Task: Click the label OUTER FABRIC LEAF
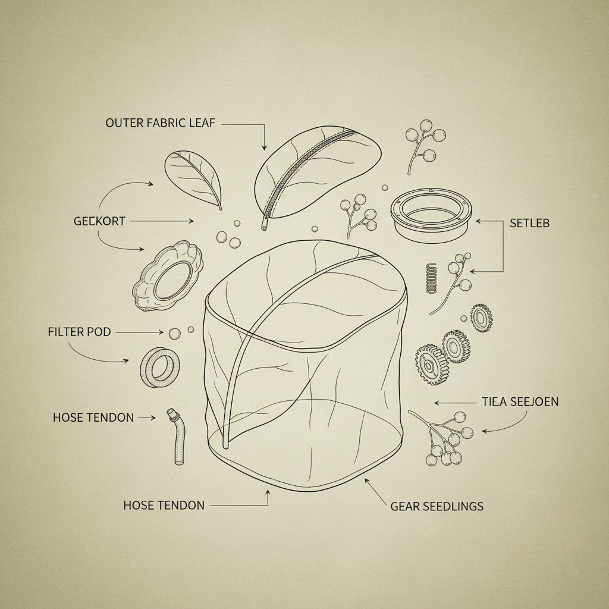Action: tap(160, 123)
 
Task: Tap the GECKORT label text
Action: tap(99, 221)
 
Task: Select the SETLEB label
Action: tap(529, 224)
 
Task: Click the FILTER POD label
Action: tap(79, 332)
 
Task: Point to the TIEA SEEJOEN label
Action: tap(520, 401)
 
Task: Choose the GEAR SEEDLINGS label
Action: tap(437, 506)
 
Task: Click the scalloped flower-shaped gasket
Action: tap(167, 276)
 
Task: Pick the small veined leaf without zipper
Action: tap(193, 179)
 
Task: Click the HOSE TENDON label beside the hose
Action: tap(93, 417)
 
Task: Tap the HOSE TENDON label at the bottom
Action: tap(164, 506)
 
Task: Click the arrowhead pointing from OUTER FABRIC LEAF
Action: tap(264, 147)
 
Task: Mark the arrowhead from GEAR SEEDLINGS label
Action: tap(366, 481)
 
